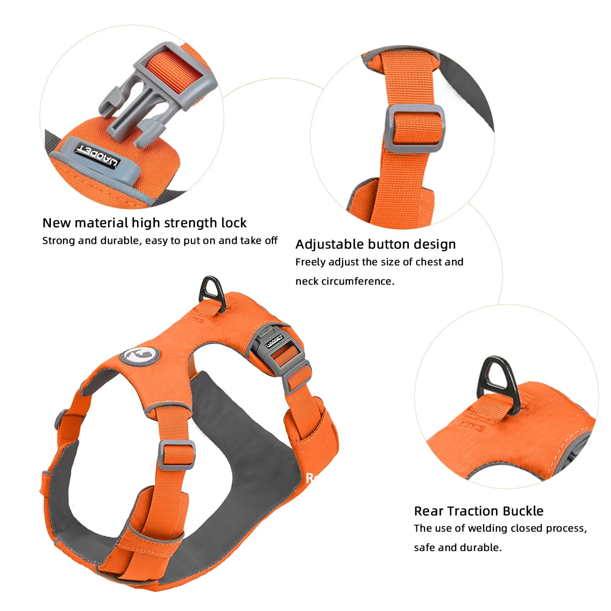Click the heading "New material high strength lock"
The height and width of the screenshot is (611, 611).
pyautogui.click(x=144, y=223)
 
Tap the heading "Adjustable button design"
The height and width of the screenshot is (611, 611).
pyautogui.click(x=375, y=244)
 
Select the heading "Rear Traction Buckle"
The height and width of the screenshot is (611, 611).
pyautogui.click(x=479, y=511)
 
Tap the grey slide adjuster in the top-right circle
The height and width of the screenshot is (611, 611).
pyautogui.click(x=415, y=128)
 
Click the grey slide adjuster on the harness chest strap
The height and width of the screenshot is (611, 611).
pyautogui.click(x=176, y=455)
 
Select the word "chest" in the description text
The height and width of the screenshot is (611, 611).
pyautogui.click(x=428, y=262)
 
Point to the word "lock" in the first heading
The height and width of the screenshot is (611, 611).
pyautogui.click(x=234, y=223)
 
